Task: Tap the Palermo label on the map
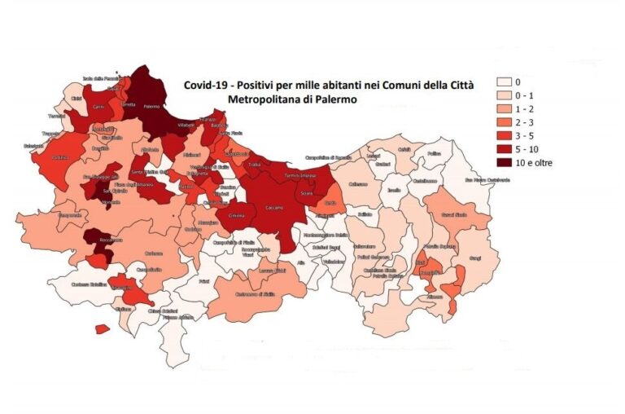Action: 151,107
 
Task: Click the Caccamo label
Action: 274,208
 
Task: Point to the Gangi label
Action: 475,258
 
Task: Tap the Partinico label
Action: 60,157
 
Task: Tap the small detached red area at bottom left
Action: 102,329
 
